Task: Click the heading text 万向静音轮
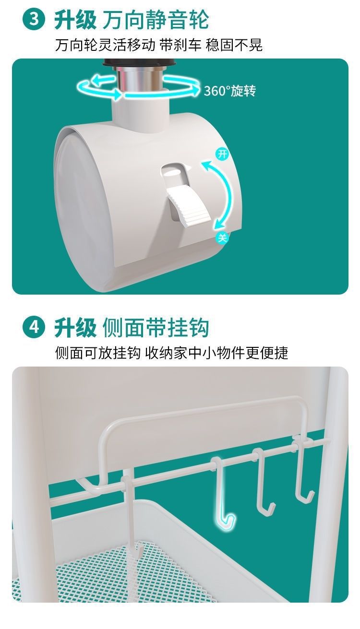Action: pyautogui.click(x=156, y=20)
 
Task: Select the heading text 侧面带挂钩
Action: pyautogui.click(x=156, y=328)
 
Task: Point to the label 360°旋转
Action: pyautogui.click(x=229, y=91)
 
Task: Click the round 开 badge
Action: pyautogui.click(x=222, y=154)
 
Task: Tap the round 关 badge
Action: pyautogui.click(x=222, y=237)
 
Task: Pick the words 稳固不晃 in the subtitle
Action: pyautogui.click(x=234, y=46)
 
